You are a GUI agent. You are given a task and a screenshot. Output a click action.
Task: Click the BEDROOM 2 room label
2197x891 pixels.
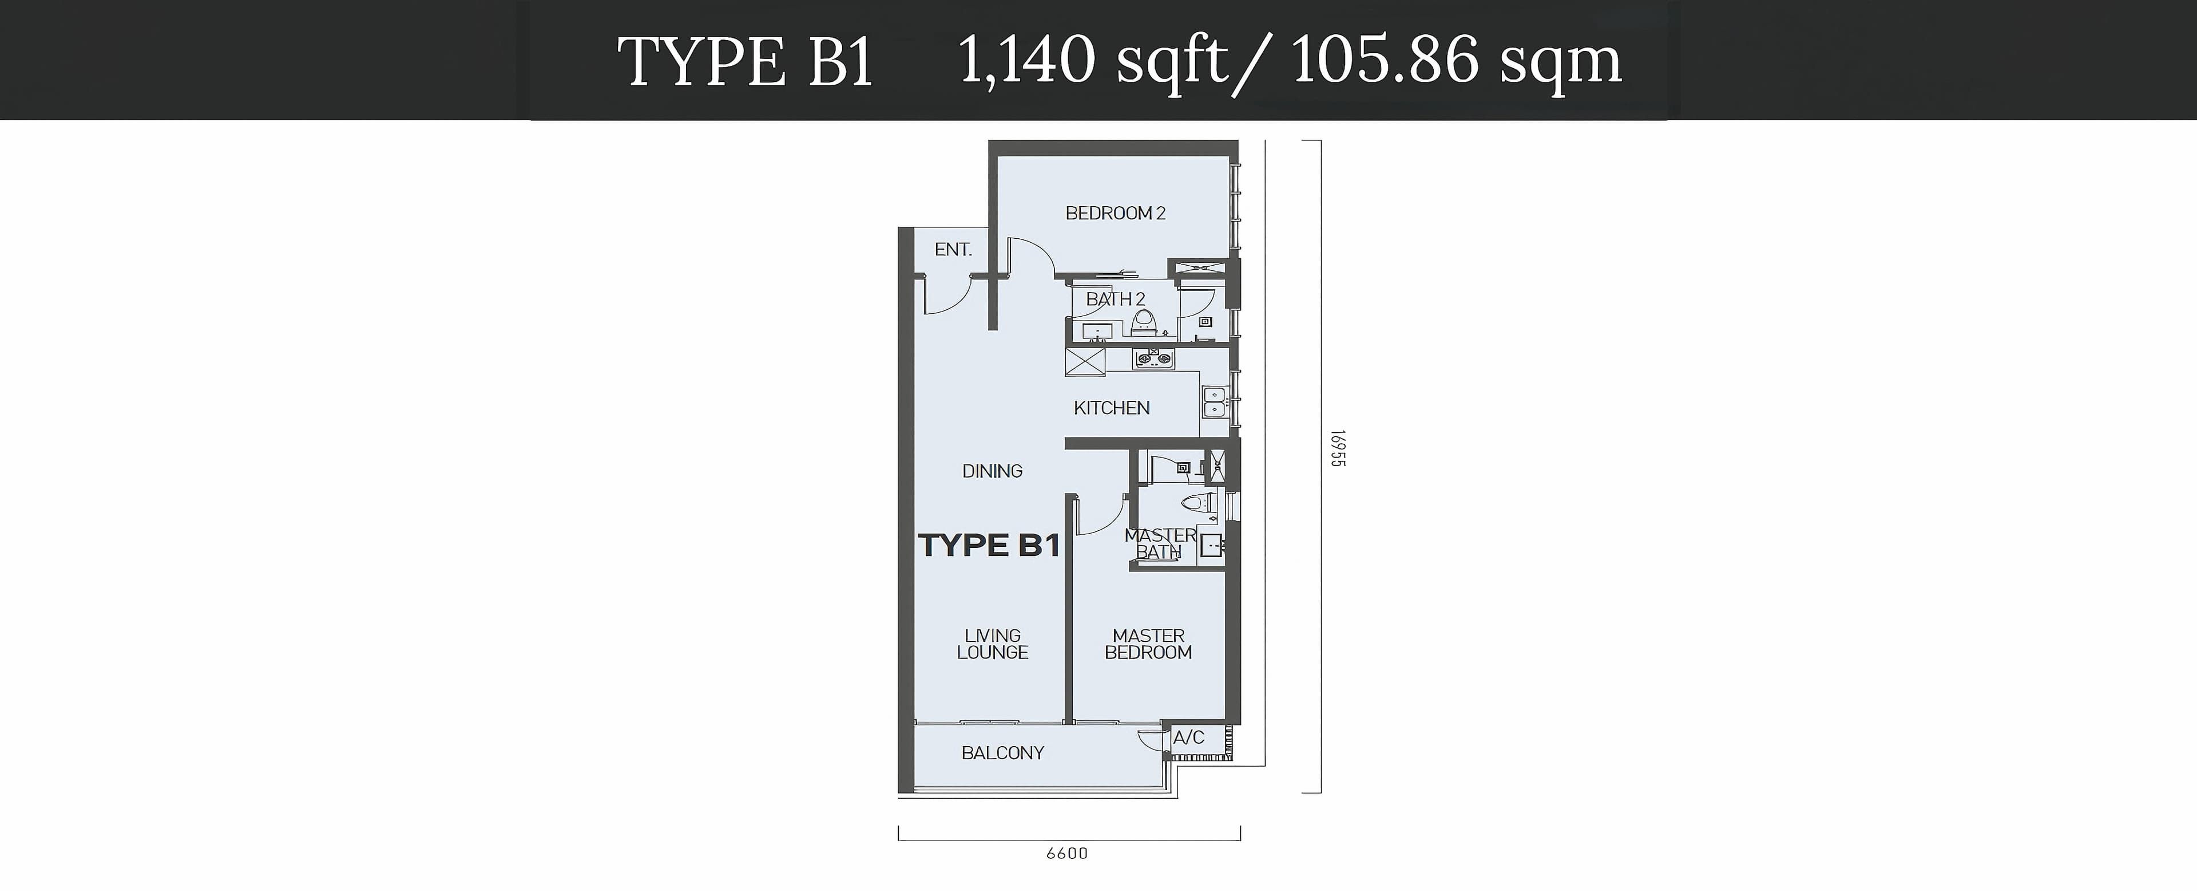pyautogui.click(x=1115, y=214)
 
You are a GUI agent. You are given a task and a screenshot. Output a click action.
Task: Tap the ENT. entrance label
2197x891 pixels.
pyautogui.click(x=953, y=249)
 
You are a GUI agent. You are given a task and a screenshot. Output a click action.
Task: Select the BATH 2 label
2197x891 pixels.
pyautogui.click(x=1115, y=299)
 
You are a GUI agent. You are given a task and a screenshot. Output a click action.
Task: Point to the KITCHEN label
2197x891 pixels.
pyautogui.click(x=1111, y=408)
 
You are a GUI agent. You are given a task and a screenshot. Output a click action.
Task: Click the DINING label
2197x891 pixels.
pyautogui.click(x=992, y=471)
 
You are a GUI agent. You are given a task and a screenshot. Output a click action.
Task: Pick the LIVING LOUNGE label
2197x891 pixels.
pyautogui.click(x=993, y=644)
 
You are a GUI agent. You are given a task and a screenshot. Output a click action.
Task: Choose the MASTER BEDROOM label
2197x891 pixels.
pyautogui.click(x=1148, y=644)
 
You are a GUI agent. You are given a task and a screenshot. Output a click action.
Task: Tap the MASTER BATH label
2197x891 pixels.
pyautogui.click(x=1160, y=543)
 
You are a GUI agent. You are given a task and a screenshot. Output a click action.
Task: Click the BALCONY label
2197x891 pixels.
pyautogui.click(x=1002, y=753)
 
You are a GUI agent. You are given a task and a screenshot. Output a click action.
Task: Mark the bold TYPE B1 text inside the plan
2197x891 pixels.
pyautogui.click(x=989, y=545)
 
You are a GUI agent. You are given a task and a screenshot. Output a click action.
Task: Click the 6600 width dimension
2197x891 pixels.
pyautogui.click(x=1067, y=853)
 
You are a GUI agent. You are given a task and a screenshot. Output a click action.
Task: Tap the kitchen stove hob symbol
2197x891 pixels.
pyautogui.click(x=1153, y=359)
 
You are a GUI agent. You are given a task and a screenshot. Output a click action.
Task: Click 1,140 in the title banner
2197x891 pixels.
pyautogui.click(x=1027, y=61)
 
